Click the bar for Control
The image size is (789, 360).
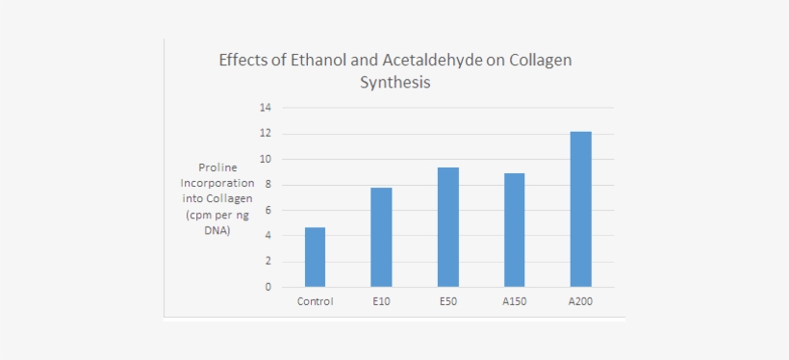tap(315, 257)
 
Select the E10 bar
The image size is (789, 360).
tap(381, 238)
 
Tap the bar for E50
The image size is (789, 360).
tap(447, 227)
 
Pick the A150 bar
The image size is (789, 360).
tap(514, 230)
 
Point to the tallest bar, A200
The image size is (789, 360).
tap(580, 210)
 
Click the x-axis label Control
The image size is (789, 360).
tap(315, 301)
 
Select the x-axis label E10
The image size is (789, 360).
tap(382, 301)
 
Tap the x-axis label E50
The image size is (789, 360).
tap(447, 301)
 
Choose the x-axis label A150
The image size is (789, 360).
tap(514, 301)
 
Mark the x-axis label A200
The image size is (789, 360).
tap(580, 301)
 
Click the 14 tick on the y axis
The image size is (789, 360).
tap(266, 107)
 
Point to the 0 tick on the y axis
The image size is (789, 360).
tap(268, 287)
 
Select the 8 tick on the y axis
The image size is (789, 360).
tap(268, 185)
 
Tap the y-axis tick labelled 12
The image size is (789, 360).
tap(266, 134)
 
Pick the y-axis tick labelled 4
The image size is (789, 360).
tap(268, 235)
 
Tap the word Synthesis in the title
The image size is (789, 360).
tap(395, 82)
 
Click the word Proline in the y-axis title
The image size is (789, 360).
tap(217, 167)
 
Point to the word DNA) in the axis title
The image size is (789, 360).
tap(217, 232)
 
